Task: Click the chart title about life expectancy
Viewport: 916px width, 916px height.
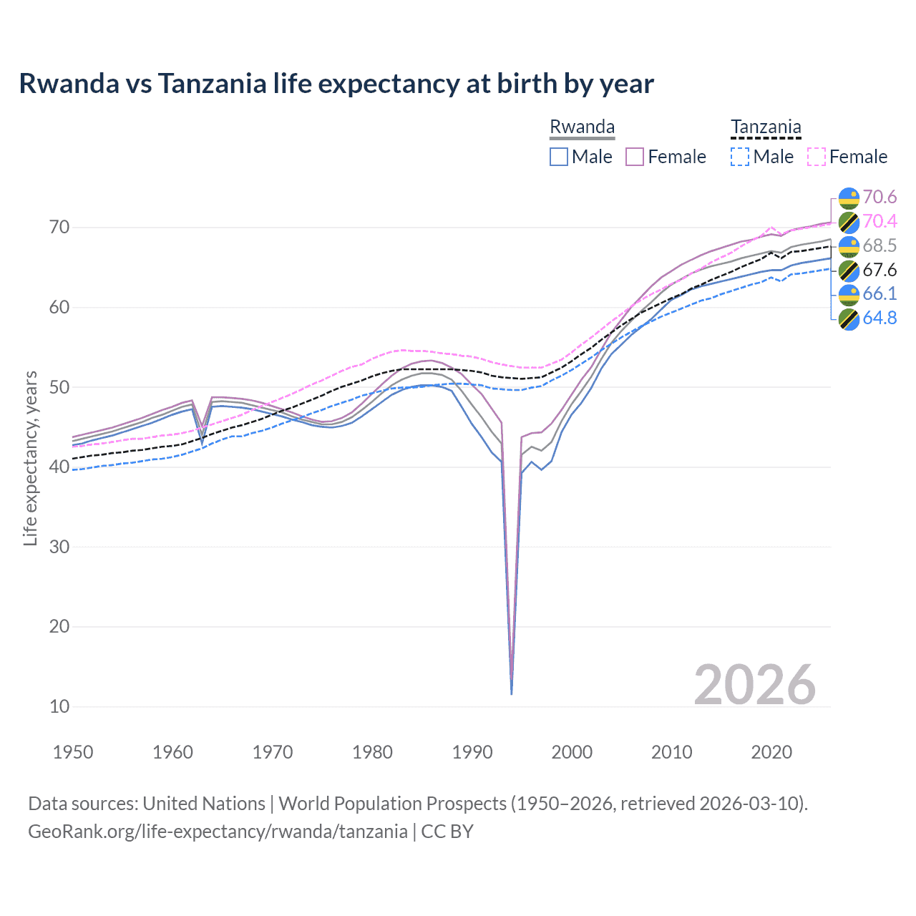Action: [336, 84]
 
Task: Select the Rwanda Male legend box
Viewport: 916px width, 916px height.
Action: [559, 157]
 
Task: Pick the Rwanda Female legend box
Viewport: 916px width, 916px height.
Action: [635, 157]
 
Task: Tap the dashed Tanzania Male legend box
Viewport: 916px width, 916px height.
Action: [740, 157]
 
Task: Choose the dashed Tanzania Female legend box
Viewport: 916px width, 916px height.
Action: [817, 157]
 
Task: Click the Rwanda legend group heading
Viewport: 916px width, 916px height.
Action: [582, 127]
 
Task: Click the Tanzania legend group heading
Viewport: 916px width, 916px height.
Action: [766, 127]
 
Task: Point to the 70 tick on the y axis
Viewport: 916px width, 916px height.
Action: [59, 228]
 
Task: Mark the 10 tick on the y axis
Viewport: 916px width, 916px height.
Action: [59, 706]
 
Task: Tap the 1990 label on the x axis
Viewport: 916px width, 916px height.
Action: [472, 752]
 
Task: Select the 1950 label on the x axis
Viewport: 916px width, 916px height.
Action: [74, 752]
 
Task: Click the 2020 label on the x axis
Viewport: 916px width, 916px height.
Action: [771, 752]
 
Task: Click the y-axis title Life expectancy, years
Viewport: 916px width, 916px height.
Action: [30, 458]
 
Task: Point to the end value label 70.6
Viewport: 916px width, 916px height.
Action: [880, 197]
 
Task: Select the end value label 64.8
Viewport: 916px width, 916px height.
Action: [880, 318]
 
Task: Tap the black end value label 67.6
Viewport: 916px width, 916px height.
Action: [880, 270]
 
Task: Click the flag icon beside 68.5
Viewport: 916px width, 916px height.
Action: [849, 246]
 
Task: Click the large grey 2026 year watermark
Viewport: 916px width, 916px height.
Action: [755, 685]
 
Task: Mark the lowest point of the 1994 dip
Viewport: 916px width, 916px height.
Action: [511, 693]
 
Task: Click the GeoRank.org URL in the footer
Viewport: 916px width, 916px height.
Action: [218, 832]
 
